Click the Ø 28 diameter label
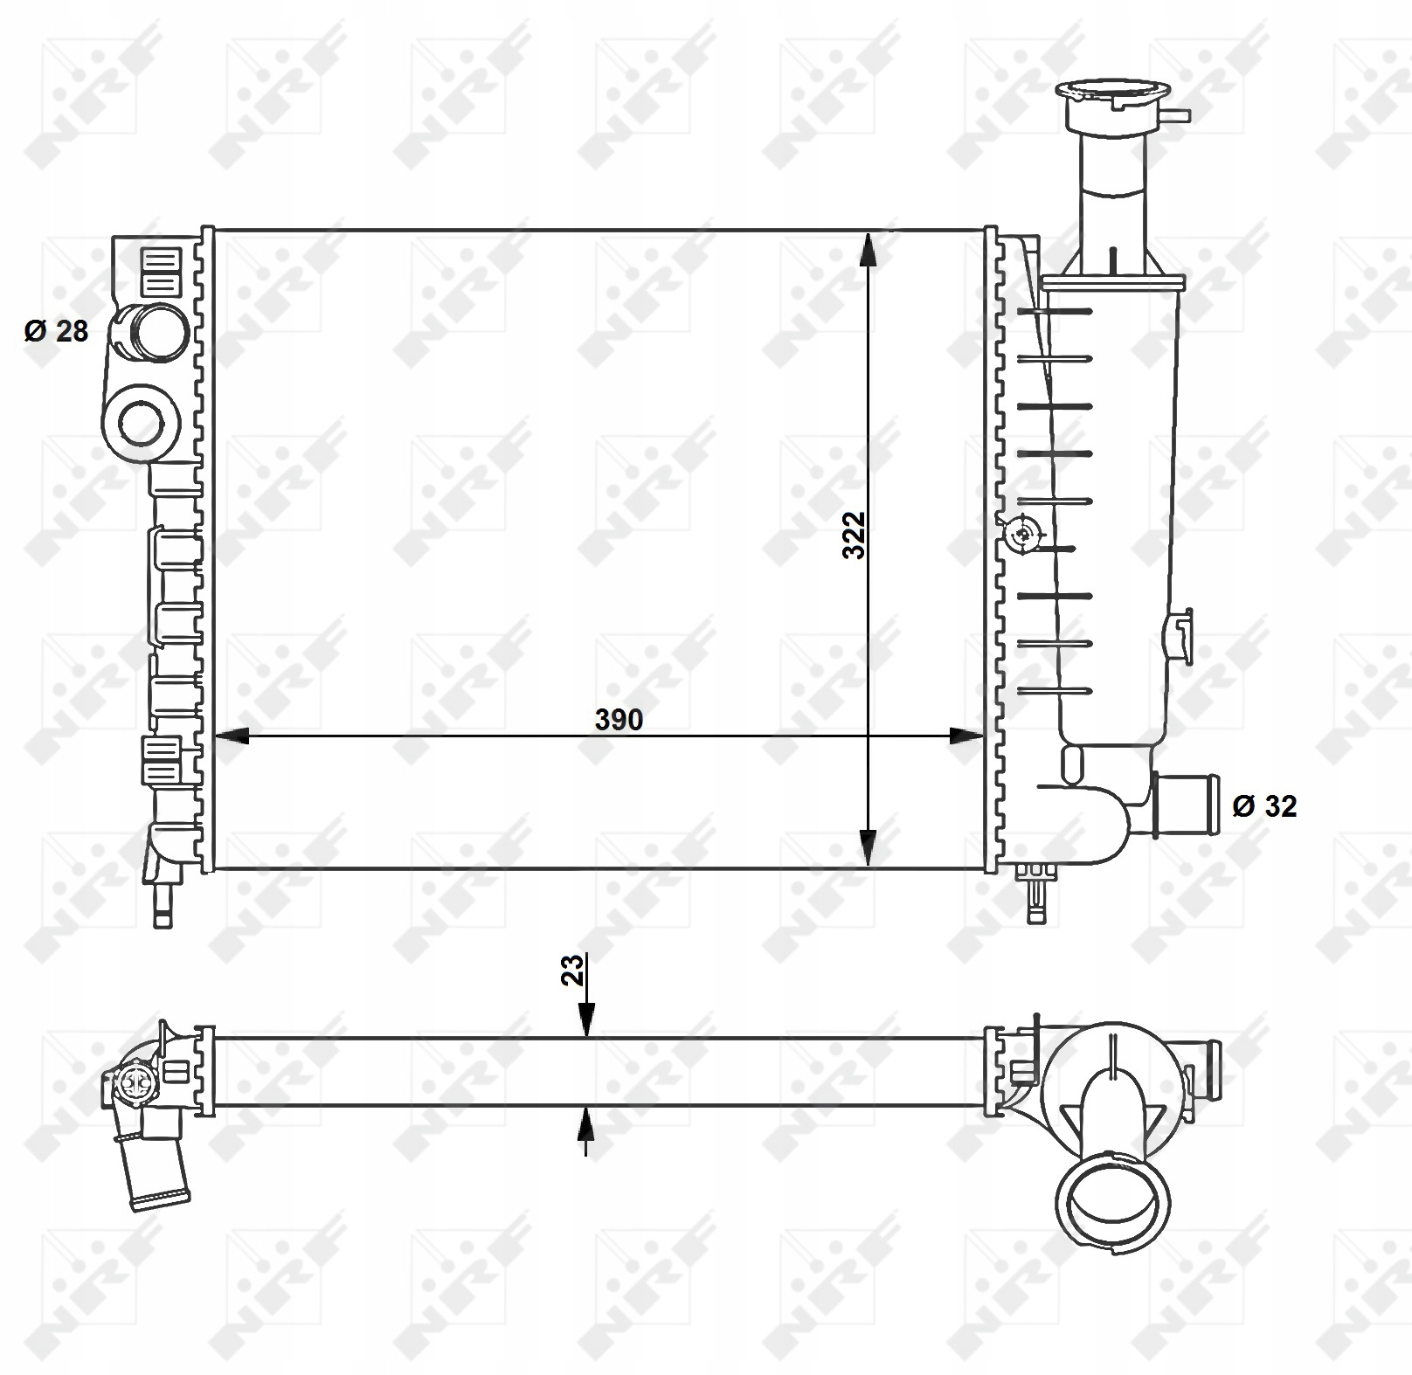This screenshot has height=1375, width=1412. [x=57, y=331]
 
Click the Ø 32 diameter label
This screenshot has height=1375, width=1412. [x=1264, y=805]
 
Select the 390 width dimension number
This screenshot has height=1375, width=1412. [x=619, y=720]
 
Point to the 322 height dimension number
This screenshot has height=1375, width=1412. [x=854, y=535]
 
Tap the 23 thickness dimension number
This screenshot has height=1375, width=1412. [x=572, y=971]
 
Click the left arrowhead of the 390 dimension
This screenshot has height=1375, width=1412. [x=232, y=736]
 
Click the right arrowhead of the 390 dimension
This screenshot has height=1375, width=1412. [x=966, y=736]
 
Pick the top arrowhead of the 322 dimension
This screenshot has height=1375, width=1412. [x=868, y=249]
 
